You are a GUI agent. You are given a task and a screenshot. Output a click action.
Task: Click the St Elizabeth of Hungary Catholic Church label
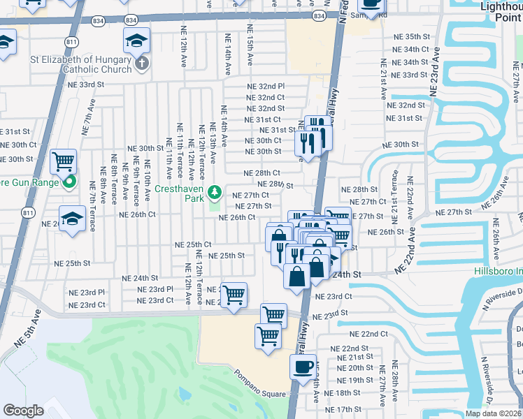coord(81,64)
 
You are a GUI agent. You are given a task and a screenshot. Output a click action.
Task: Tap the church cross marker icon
coord(142,65)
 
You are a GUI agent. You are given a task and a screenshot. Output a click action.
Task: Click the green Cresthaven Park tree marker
coord(216,191)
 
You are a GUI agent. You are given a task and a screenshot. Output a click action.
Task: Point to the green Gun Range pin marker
coord(69,184)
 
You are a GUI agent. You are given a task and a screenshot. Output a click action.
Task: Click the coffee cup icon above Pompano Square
coord(303,367)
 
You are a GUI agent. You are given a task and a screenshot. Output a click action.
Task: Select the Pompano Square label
coord(260,394)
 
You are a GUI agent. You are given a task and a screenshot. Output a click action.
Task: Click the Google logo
coord(23,411)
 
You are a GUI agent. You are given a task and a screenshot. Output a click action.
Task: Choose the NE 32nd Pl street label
coord(266,86)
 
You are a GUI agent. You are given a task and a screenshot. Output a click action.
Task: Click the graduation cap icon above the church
coord(136,41)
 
